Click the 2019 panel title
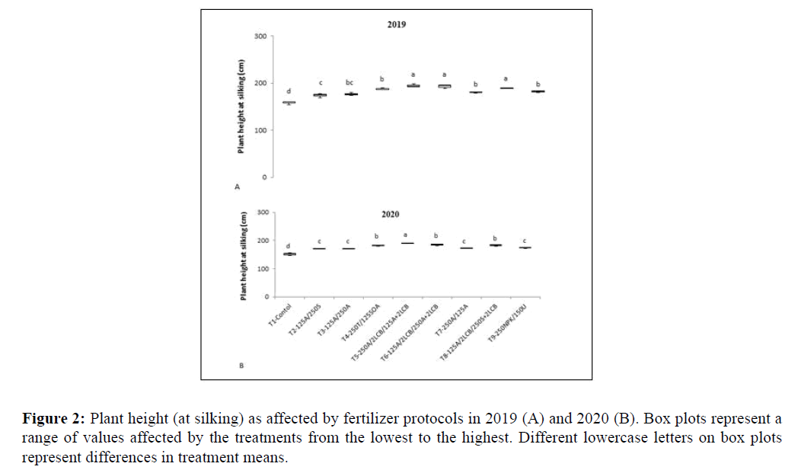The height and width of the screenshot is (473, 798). (x=395, y=24)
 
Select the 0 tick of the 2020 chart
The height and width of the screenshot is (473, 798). (x=267, y=297)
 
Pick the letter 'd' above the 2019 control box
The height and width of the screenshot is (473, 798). (x=289, y=91)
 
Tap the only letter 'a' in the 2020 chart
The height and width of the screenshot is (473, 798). (x=407, y=234)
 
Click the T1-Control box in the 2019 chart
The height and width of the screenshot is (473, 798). (x=289, y=102)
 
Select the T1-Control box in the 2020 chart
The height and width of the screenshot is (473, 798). (x=289, y=254)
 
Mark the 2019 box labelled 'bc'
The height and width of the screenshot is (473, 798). (x=351, y=94)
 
